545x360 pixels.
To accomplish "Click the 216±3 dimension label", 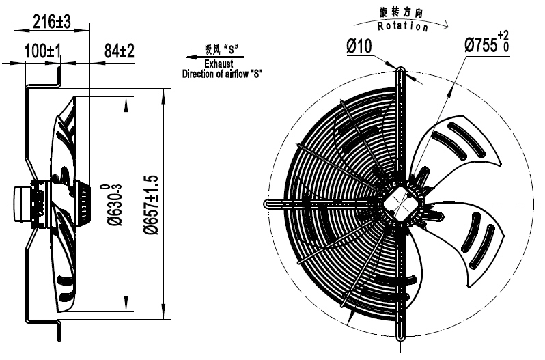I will (x=52, y=23).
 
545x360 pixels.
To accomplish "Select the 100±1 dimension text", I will (x=44, y=51).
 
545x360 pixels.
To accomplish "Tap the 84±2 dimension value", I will (x=120, y=51).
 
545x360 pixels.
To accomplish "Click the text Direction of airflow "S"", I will (x=222, y=72).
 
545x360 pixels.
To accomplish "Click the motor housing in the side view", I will (x=31, y=203).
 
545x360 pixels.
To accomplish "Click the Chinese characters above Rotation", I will (x=403, y=14).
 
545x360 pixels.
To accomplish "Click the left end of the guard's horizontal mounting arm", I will (x=266, y=204).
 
